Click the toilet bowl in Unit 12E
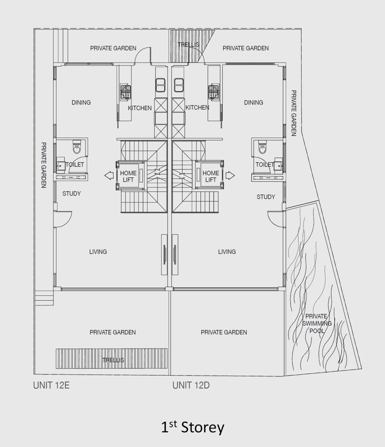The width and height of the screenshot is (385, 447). click(x=77, y=147)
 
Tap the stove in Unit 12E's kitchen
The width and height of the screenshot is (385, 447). click(x=125, y=92)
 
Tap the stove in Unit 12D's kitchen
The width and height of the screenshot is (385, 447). click(x=214, y=92)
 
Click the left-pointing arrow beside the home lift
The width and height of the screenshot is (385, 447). click(x=109, y=176)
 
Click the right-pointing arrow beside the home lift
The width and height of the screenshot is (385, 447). click(x=230, y=176)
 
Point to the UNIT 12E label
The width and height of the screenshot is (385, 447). click(x=51, y=385)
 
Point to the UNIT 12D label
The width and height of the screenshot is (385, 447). click(x=191, y=385)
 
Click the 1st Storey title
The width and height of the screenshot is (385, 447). click(x=192, y=427)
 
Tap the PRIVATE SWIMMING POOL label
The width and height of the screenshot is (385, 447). click(x=317, y=323)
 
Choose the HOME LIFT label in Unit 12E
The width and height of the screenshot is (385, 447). click(x=128, y=176)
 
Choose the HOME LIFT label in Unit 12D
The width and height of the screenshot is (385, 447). click(x=211, y=176)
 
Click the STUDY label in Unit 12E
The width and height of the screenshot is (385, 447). click(x=72, y=194)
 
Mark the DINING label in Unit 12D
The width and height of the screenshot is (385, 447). click(x=253, y=103)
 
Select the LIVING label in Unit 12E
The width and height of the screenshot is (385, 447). click(x=98, y=252)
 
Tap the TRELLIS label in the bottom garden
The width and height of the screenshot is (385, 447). click(x=113, y=360)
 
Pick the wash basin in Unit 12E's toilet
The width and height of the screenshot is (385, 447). click(x=60, y=165)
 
